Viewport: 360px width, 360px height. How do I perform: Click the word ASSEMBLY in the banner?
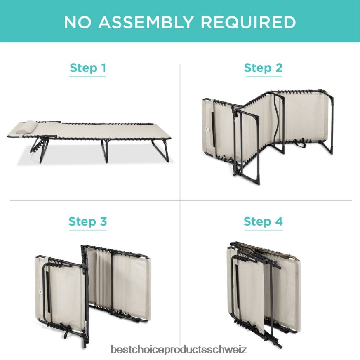[146, 22]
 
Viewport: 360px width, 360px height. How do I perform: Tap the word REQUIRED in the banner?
[248, 22]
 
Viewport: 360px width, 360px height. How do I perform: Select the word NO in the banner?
[78, 22]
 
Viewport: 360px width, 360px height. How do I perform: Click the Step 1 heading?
[88, 68]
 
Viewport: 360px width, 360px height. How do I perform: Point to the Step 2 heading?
[264, 68]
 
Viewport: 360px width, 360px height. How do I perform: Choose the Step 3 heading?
[88, 221]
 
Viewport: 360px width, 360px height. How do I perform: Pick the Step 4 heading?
[264, 221]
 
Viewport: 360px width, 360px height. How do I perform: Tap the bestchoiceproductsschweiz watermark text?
[179, 349]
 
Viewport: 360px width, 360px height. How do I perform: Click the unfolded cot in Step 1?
[89, 141]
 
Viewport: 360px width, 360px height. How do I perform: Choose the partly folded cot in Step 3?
[93, 296]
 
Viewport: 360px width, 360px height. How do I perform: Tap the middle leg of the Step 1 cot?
[106, 151]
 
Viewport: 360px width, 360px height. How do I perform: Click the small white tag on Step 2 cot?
[207, 129]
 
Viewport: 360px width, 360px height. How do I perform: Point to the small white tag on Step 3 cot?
[40, 292]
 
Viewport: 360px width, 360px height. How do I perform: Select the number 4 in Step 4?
[279, 221]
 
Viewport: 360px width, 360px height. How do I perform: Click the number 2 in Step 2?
[279, 68]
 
